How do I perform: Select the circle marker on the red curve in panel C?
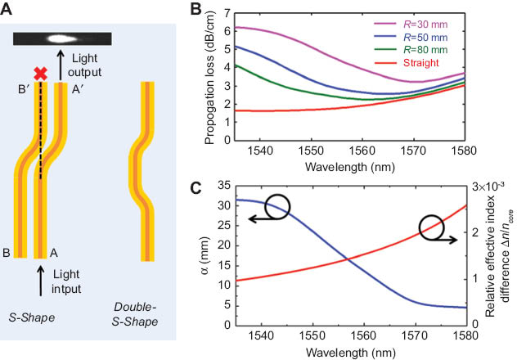[x=433, y=229]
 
